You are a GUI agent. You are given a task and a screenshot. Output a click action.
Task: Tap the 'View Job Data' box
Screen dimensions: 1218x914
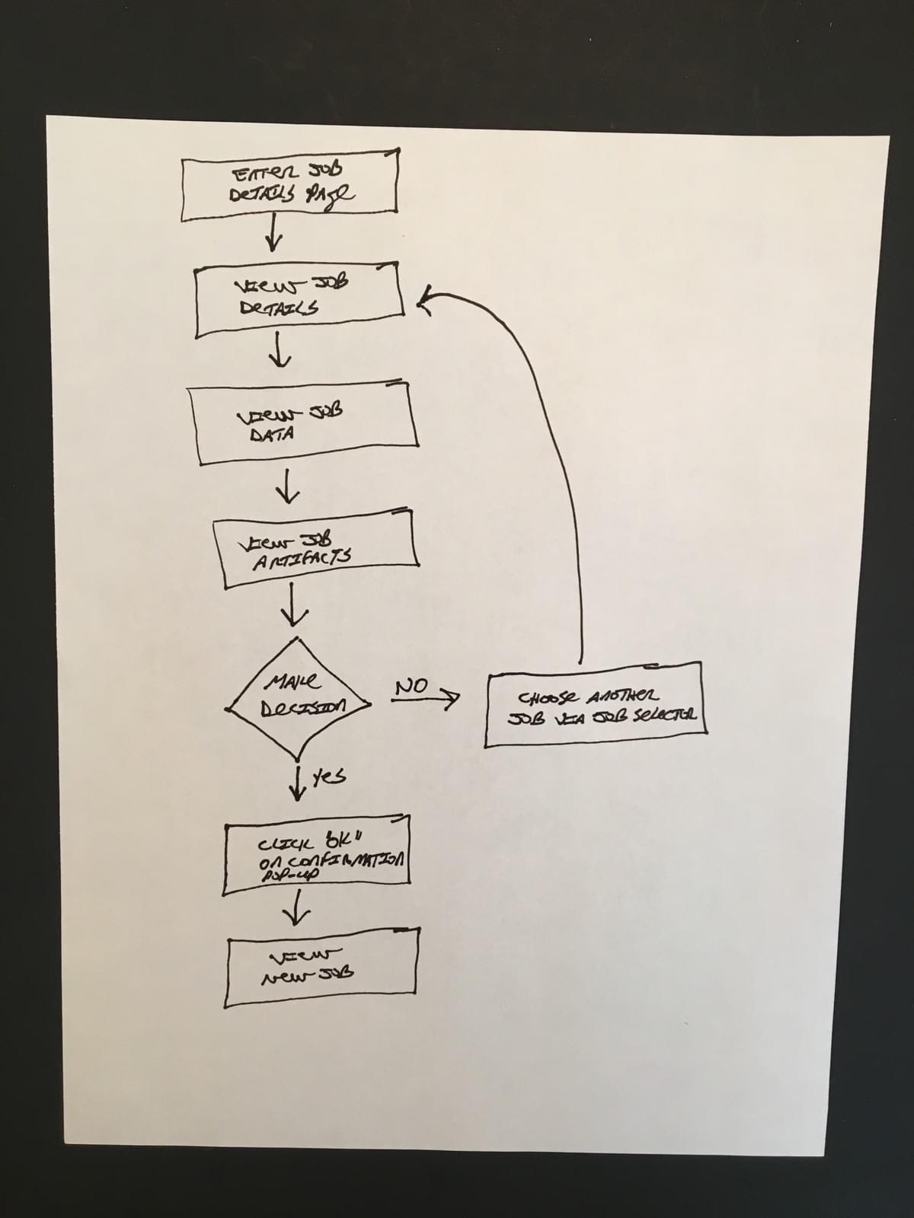(304, 423)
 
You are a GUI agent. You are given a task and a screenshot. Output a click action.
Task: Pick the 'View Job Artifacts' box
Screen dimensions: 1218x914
(315, 548)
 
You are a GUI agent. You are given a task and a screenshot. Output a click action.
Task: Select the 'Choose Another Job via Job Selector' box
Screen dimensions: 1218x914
(595, 705)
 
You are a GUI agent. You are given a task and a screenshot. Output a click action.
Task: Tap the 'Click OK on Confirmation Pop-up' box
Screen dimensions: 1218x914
(318, 855)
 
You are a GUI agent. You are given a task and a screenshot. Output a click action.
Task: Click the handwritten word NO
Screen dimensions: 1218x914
(413, 686)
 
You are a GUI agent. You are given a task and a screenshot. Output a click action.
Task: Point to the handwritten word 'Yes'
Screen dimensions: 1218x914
(329, 776)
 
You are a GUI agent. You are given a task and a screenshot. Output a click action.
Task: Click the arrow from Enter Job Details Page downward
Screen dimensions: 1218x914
(273, 234)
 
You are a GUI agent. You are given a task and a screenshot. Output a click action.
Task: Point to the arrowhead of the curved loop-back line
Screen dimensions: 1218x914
(423, 301)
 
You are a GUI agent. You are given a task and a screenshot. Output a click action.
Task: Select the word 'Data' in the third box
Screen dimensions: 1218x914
(273, 435)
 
